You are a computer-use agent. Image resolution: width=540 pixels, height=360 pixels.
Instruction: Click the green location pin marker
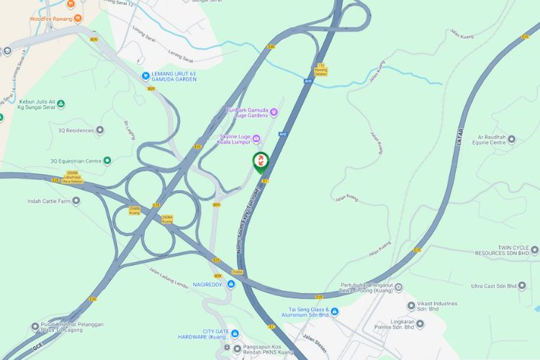tap(260, 162)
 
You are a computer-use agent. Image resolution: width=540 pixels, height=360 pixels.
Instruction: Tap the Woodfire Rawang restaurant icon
tap(78, 18)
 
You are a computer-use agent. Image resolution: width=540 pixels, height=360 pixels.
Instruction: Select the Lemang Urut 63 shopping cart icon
tap(146, 74)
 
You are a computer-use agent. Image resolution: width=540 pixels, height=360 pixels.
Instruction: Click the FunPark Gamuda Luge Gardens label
tap(247, 112)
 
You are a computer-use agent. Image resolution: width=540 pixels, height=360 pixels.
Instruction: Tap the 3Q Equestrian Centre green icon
tap(107, 161)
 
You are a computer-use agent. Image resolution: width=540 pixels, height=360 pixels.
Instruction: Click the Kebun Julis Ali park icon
tap(60, 104)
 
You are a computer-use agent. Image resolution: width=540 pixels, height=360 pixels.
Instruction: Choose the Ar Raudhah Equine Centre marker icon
tap(511, 139)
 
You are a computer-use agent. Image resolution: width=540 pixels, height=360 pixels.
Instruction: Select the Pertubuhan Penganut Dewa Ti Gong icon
tap(399, 287)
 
